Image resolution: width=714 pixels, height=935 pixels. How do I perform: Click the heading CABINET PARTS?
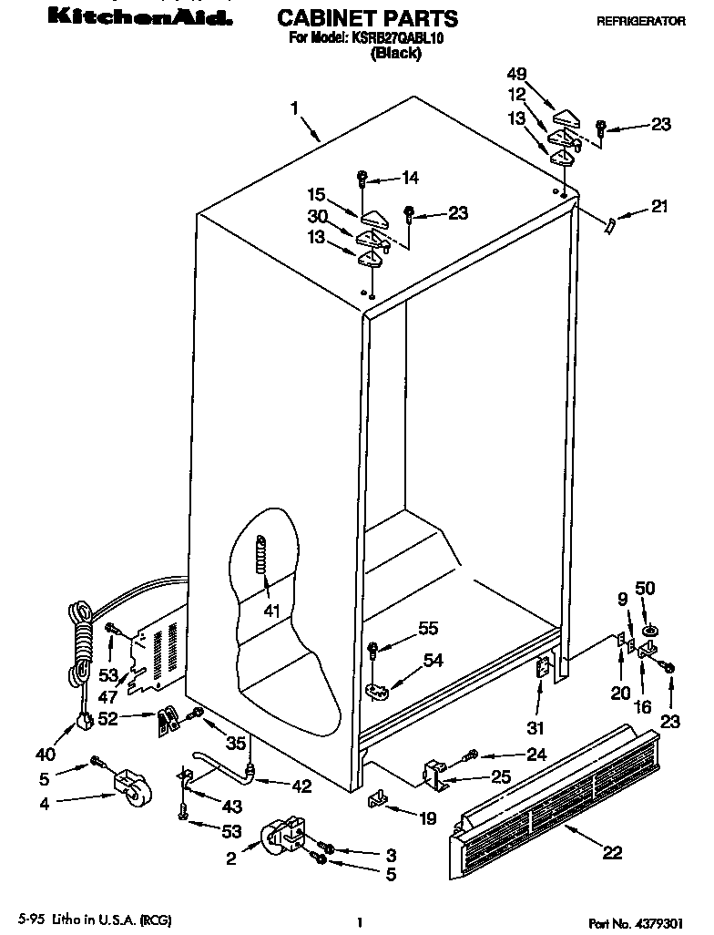click(366, 18)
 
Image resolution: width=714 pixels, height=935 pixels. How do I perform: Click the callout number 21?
click(658, 207)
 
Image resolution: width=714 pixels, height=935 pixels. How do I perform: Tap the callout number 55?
click(427, 627)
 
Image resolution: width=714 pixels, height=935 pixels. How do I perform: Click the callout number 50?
click(645, 589)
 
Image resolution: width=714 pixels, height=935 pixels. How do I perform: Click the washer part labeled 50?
click(650, 631)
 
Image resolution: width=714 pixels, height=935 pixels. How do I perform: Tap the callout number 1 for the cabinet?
click(295, 108)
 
